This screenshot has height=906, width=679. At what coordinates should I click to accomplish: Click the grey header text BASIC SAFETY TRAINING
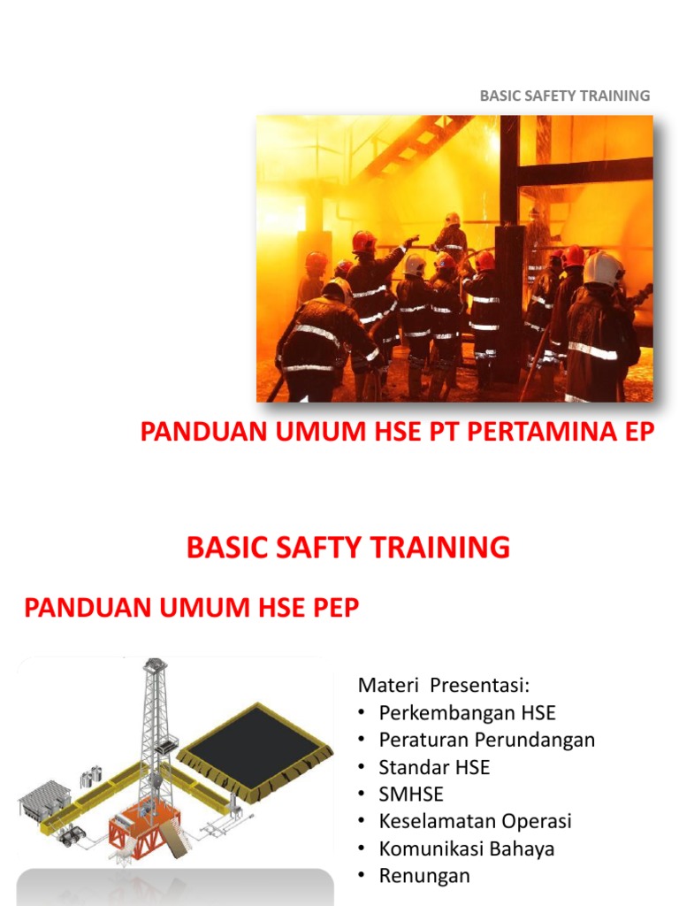(x=564, y=96)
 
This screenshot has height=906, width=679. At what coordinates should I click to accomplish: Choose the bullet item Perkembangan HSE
(x=467, y=712)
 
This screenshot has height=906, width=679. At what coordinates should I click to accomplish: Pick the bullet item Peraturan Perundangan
(x=486, y=740)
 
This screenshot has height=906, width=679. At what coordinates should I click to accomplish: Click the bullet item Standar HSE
(x=433, y=767)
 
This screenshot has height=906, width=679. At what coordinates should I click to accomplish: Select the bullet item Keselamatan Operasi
(x=475, y=821)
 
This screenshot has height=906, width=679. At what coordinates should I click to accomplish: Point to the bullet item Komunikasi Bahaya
(x=466, y=848)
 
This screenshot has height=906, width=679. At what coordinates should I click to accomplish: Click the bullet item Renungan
(x=424, y=876)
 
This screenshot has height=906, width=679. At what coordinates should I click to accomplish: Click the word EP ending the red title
(x=637, y=434)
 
